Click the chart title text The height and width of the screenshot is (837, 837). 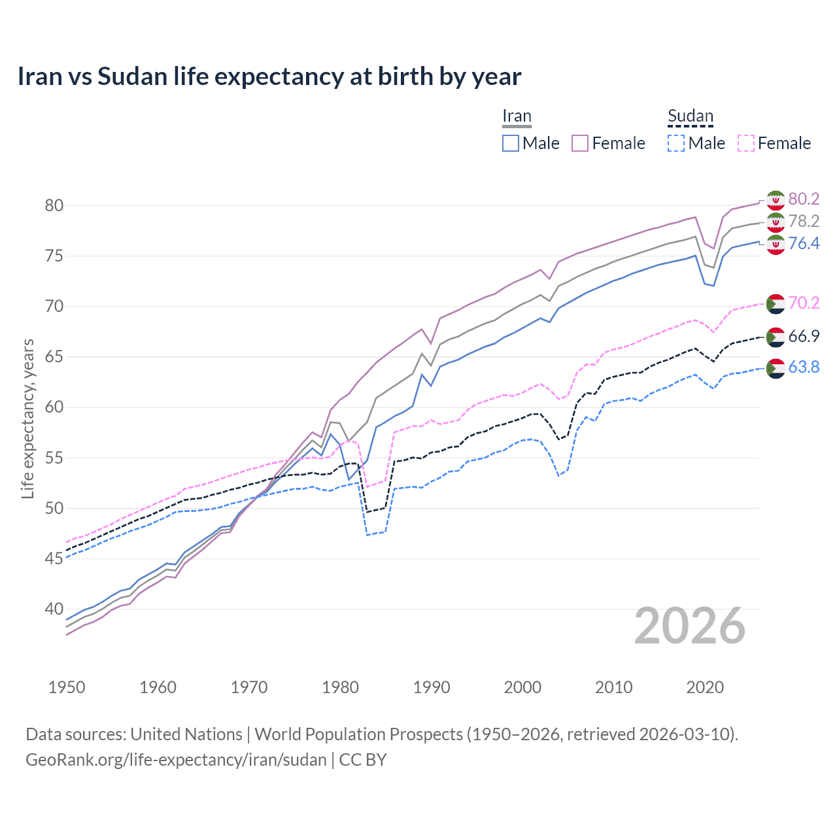tap(269, 77)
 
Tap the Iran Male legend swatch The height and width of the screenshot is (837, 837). tap(511, 143)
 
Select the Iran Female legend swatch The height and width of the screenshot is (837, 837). tap(580, 143)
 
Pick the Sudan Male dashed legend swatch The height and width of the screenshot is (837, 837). tap(676, 143)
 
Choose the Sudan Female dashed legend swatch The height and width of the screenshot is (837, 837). tap(746, 143)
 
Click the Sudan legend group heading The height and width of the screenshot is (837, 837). tap(690, 116)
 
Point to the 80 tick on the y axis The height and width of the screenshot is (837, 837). tap(54, 205)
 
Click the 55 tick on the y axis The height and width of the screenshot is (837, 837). tap(54, 458)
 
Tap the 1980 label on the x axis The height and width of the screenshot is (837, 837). tap(340, 687)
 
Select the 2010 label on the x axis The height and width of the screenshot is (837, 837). tap(613, 687)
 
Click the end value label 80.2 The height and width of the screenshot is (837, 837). tap(804, 199)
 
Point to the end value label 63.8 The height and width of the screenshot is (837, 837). tap(804, 367)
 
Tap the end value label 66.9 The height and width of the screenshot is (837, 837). tap(804, 336)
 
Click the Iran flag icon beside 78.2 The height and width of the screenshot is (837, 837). tap(776, 222)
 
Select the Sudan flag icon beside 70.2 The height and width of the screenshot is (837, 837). tap(776, 303)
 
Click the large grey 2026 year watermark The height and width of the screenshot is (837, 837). tap(690, 626)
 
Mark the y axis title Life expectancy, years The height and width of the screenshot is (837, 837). tap(27, 418)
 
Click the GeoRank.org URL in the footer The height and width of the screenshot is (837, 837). tap(176, 760)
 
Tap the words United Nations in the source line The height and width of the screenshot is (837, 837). tap(186, 734)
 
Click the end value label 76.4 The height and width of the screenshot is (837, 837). tap(804, 243)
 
